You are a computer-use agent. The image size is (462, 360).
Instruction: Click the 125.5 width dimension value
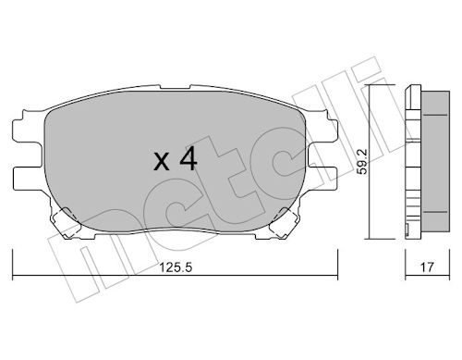(176, 267)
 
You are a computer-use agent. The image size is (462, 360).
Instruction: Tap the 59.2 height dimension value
(362, 161)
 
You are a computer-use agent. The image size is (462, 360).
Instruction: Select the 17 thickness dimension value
(427, 267)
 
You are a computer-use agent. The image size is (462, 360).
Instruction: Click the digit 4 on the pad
(188, 158)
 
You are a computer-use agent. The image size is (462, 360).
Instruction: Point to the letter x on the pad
(162, 162)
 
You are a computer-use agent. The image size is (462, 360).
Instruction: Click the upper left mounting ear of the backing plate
(28, 130)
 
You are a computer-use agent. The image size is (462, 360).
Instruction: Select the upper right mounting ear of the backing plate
(322, 130)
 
